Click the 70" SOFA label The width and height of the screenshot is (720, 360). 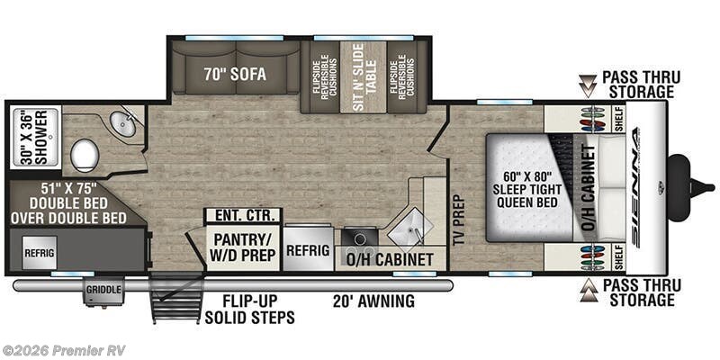tap(235, 75)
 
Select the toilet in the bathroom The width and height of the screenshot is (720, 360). tap(85, 155)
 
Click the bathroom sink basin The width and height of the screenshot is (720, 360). tap(126, 125)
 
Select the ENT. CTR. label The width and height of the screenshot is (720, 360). tap(242, 215)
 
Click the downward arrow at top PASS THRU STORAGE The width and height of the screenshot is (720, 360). tap(587, 85)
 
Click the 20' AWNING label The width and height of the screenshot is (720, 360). tap(372, 301)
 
